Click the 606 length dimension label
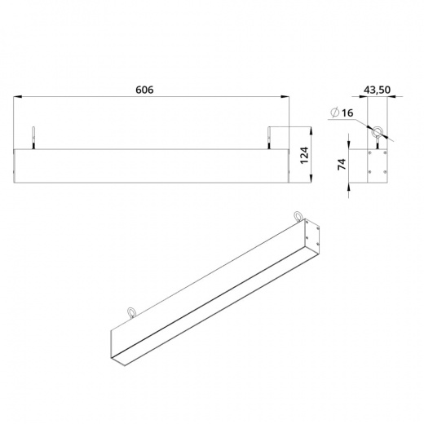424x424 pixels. click(144, 90)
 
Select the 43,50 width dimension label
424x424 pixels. click(377, 90)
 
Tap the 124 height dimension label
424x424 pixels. click(305, 155)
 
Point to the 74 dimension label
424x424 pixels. click(342, 164)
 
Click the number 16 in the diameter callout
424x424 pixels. click(347, 113)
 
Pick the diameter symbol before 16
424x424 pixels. click(334, 112)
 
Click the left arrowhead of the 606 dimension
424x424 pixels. click(18, 96)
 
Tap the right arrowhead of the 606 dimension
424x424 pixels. click(285, 96)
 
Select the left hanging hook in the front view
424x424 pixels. click(33, 138)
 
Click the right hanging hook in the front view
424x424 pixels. click(269, 138)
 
